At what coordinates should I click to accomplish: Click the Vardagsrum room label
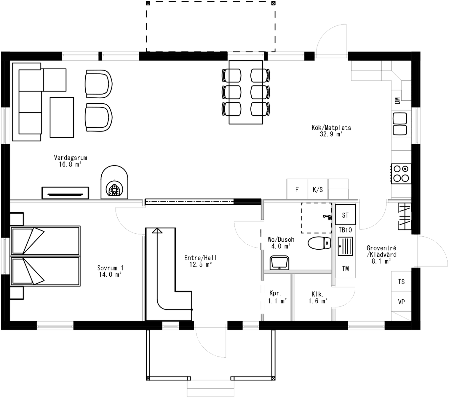click(71, 158)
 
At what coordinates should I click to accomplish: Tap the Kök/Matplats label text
click(331, 128)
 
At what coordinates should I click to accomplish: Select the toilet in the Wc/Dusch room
click(319, 243)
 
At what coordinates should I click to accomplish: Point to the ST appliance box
click(345, 215)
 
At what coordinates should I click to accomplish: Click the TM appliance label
click(345, 269)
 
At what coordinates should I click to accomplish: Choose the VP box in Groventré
click(401, 302)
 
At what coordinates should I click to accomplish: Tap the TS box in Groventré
click(401, 281)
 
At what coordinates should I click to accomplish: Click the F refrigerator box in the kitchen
click(297, 189)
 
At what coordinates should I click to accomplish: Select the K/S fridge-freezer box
click(318, 189)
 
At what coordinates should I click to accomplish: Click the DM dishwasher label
click(398, 100)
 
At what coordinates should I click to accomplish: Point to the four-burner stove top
click(401, 173)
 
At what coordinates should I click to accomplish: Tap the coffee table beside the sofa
click(62, 117)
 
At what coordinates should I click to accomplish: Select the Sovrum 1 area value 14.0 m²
click(110, 275)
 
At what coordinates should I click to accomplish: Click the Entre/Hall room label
click(201, 258)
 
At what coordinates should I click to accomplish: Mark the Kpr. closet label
click(275, 293)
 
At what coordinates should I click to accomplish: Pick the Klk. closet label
click(317, 294)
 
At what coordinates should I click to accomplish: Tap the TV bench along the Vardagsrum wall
click(65, 193)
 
